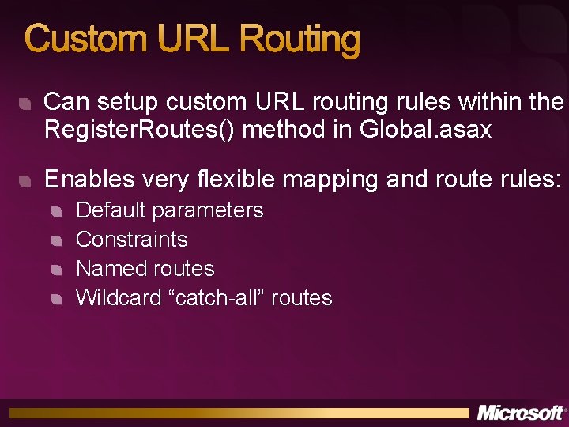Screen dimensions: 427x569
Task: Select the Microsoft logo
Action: pyautogui.click(x=521, y=412)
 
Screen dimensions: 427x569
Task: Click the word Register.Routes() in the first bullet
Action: pyautogui.click(x=140, y=130)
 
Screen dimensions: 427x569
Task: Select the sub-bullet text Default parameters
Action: pyautogui.click(x=169, y=210)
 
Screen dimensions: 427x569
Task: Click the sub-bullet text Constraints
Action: pyautogui.click(x=131, y=239)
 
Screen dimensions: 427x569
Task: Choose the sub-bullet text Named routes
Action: pyautogui.click(x=145, y=269)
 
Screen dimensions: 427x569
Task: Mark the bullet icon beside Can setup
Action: pyautogui.click(x=26, y=104)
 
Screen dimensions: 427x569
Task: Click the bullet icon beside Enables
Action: pyautogui.click(x=26, y=182)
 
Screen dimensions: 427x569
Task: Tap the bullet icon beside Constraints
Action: pyautogui.click(x=57, y=240)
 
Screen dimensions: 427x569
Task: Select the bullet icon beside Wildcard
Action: pyautogui.click(x=57, y=299)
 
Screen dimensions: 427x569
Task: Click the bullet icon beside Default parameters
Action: pyautogui.click(x=57, y=211)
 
